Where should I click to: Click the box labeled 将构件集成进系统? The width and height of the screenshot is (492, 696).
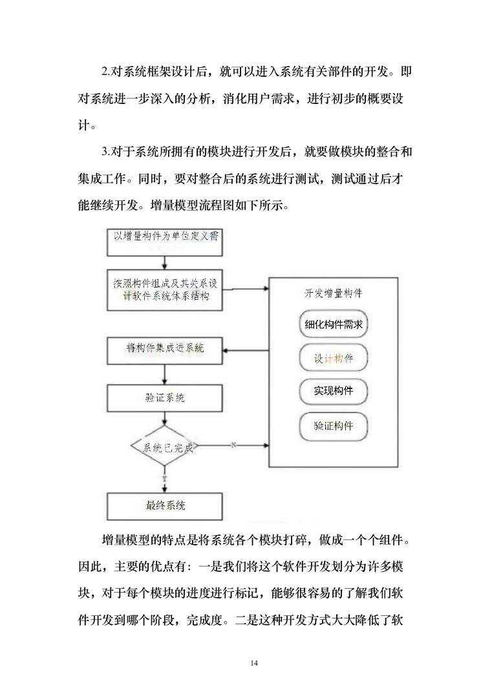[165, 350]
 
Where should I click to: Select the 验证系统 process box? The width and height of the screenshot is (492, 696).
[165, 397]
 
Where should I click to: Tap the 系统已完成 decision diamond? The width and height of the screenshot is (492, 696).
[165, 447]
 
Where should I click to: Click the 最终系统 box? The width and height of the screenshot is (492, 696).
[165, 505]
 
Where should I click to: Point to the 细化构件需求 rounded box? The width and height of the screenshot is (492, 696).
[334, 325]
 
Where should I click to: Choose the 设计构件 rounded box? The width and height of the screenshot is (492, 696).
[334, 359]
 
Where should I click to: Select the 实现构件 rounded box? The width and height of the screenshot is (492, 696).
[334, 392]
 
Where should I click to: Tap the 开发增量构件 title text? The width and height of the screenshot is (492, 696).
[334, 293]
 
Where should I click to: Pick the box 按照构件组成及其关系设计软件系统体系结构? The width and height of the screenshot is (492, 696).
[165, 289]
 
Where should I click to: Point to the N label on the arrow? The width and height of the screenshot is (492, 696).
[233, 445]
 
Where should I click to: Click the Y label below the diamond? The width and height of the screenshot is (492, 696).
[165, 479]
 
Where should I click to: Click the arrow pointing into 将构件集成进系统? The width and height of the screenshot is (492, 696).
[246, 351]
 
